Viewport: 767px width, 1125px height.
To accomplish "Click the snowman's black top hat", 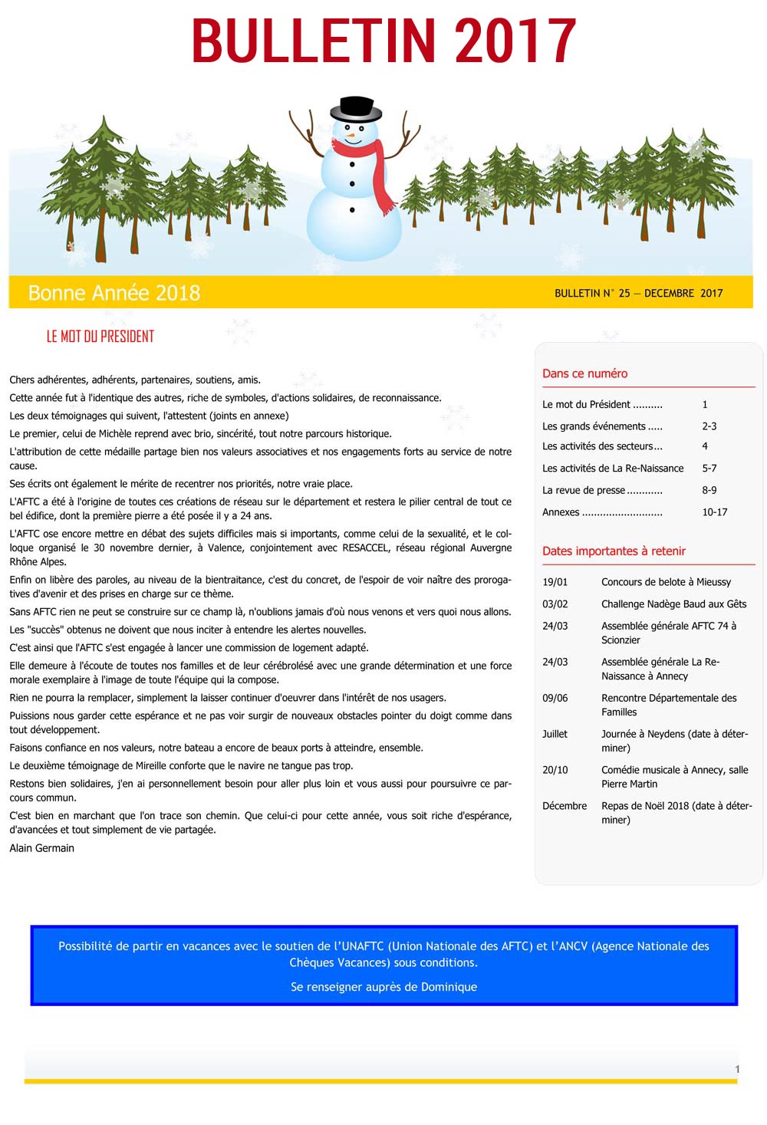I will pyautogui.click(x=355, y=108).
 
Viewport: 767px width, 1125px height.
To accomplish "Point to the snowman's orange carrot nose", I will pyautogui.click(x=352, y=137).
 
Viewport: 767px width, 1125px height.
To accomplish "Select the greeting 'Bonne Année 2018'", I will pyautogui.click(x=114, y=293).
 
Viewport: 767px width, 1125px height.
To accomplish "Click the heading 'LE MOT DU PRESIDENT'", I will pyautogui.click(x=100, y=337).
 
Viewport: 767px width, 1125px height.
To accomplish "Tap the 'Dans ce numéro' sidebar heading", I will pyautogui.click(x=584, y=373).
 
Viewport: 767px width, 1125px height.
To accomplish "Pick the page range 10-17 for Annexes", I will pyautogui.click(x=714, y=512).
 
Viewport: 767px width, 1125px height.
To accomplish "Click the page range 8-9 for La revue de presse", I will pyautogui.click(x=709, y=490).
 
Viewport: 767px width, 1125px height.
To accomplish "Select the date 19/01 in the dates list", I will pyautogui.click(x=555, y=582).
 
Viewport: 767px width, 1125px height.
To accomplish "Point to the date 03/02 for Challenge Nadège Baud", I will pyautogui.click(x=555, y=604).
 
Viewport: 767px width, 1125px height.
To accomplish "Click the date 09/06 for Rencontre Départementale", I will pyautogui.click(x=555, y=698).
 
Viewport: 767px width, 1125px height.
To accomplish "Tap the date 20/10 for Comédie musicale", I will pyautogui.click(x=555, y=770).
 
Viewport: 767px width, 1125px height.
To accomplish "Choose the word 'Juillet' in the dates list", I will pyautogui.click(x=555, y=734).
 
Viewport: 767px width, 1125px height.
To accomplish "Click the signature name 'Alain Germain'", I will pyautogui.click(x=42, y=848).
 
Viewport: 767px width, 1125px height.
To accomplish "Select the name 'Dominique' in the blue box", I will pyautogui.click(x=443, y=987).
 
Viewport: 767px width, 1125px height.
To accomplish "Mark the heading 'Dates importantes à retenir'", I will pyautogui.click(x=614, y=551).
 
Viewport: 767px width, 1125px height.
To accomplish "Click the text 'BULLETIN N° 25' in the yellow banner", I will pyautogui.click(x=592, y=293).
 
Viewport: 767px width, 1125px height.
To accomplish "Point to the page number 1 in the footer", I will pyautogui.click(x=737, y=1069).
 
